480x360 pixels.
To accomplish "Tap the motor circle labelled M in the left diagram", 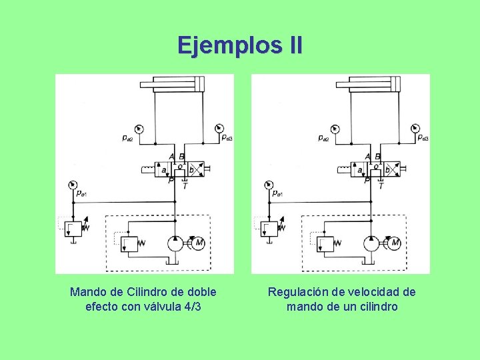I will pyautogui.click(x=198, y=241).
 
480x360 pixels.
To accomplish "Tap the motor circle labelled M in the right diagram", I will pyautogui.click(x=394, y=241).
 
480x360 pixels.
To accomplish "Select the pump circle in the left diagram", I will pyautogui.click(x=175, y=243).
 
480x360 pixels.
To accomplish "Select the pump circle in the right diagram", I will pyautogui.click(x=371, y=243).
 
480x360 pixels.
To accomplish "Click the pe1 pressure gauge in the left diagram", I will pyautogui.click(x=74, y=185).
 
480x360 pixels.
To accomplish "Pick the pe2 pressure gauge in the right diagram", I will pyautogui.click(x=334, y=129).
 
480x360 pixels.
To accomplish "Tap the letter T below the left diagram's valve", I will pyautogui.click(x=185, y=186).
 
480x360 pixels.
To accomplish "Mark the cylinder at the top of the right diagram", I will pyautogui.click(x=369, y=85).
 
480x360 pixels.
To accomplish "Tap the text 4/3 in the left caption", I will pyautogui.click(x=193, y=307).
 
